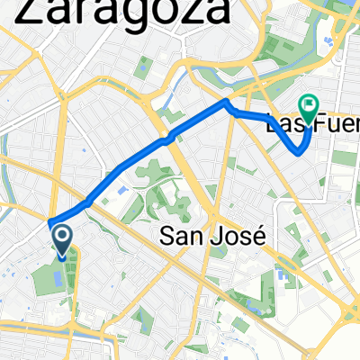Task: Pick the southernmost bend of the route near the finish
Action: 299,154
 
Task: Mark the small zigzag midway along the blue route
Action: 164,141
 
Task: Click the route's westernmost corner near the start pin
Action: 50,221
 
